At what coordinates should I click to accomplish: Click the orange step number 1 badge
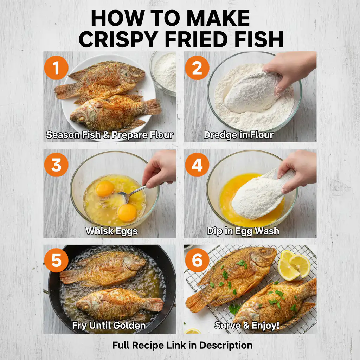point(56,68)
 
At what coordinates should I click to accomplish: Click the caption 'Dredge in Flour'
point(238,135)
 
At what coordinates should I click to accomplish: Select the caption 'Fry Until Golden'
point(109,326)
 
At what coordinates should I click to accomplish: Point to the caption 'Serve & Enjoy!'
point(247,326)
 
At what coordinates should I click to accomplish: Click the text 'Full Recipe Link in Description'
point(182,345)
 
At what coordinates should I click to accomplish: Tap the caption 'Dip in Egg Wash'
point(243,231)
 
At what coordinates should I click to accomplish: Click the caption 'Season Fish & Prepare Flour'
point(110,135)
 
